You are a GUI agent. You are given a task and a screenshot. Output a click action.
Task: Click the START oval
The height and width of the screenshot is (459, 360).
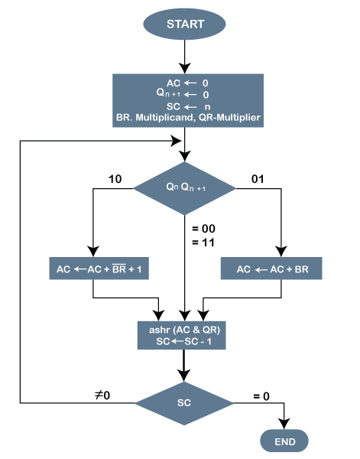[185, 24]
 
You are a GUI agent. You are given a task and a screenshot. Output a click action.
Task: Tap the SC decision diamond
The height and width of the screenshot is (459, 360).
[185, 401]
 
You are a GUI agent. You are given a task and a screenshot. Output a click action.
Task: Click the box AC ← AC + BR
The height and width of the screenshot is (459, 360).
[271, 270]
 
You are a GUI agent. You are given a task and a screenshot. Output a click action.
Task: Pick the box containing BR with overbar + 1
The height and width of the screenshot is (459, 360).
[99, 270]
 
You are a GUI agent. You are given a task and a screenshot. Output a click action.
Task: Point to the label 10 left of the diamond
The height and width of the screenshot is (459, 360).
[115, 180]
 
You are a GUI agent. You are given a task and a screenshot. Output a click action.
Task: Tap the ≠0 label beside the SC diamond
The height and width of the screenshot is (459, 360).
[102, 396]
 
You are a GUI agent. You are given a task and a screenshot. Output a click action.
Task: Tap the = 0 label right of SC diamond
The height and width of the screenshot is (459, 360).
[261, 396]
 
